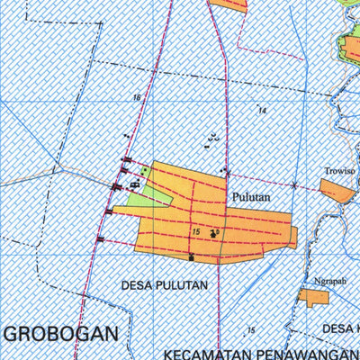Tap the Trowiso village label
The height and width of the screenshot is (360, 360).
pos(339,169)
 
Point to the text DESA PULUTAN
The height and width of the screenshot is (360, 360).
pos(164,285)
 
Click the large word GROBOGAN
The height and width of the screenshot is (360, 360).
pos(61,333)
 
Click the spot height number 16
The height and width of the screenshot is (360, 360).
pos(137,97)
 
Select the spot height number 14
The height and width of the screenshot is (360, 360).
pos(262,110)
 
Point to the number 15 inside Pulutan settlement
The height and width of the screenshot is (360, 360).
pos(195,232)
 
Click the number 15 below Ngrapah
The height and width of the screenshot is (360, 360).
pos(251,330)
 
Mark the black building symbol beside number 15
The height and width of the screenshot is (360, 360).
pos(214,234)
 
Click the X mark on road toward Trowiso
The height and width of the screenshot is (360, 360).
pos(294,185)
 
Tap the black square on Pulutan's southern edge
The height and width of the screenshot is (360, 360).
pos(191,257)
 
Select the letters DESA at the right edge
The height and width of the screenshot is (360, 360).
pos(340,328)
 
